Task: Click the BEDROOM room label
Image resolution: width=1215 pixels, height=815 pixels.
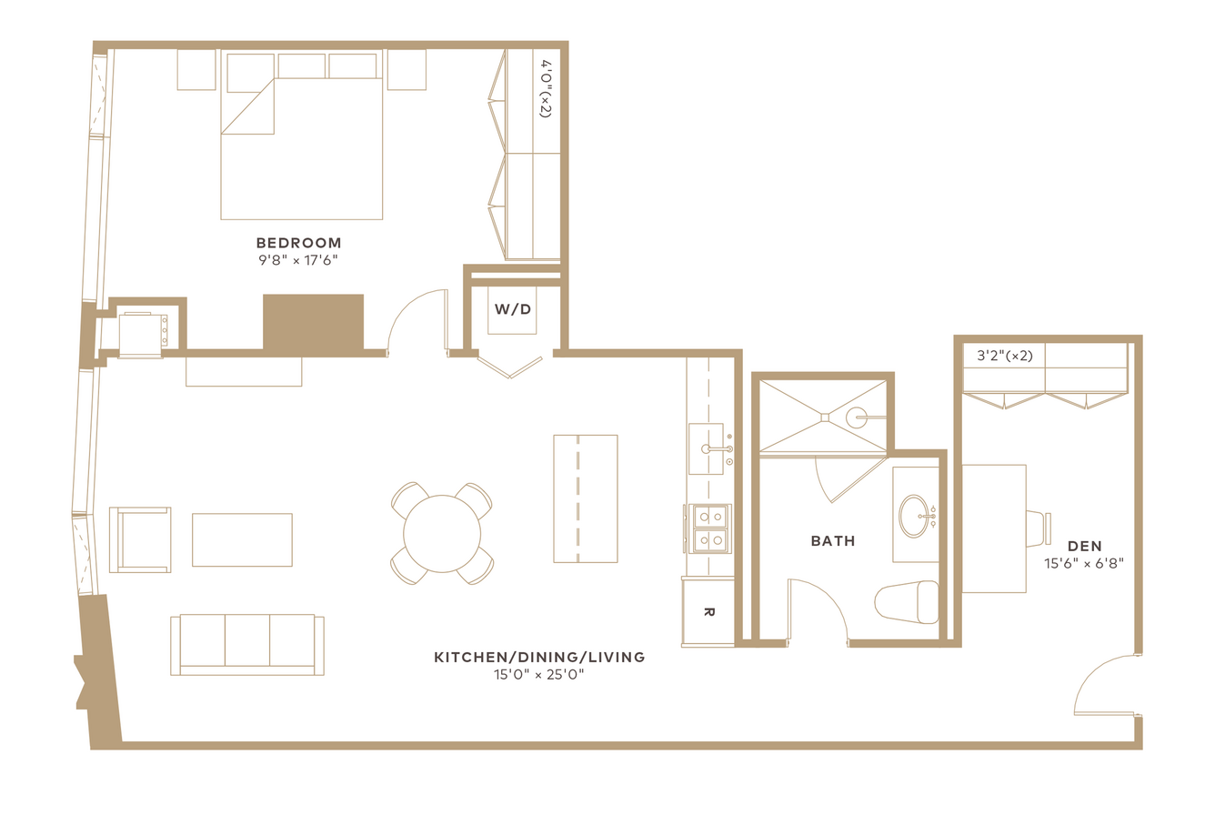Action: [x=299, y=243]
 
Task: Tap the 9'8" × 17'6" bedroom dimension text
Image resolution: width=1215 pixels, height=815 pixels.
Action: [x=297, y=260]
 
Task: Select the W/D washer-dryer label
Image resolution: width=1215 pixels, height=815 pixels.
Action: [x=513, y=309]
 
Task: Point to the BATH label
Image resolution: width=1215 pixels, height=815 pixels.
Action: [x=833, y=541]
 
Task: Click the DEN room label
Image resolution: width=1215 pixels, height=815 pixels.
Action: [x=1084, y=547]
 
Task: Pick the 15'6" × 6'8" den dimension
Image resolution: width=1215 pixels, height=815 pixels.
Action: [x=1084, y=564]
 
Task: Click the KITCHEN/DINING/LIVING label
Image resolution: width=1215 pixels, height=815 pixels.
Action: [x=539, y=657]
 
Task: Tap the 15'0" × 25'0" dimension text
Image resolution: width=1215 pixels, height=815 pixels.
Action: [x=538, y=674]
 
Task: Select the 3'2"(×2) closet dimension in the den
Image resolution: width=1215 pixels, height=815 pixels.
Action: [x=1005, y=356]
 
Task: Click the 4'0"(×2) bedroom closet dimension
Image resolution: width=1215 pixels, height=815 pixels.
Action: [x=546, y=88]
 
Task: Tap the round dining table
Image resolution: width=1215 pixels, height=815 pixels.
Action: [x=441, y=533]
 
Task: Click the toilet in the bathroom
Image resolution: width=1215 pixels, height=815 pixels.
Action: [x=907, y=602]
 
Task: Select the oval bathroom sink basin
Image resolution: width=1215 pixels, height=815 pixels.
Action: [x=914, y=516]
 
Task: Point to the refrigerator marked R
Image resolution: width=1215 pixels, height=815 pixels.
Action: [x=708, y=612]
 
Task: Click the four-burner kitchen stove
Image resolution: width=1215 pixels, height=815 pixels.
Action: [x=710, y=528]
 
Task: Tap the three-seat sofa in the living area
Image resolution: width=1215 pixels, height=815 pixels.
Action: [x=247, y=645]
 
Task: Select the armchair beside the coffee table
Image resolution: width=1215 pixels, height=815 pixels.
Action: [x=140, y=540]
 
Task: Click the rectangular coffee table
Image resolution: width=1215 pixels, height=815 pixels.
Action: [x=242, y=540]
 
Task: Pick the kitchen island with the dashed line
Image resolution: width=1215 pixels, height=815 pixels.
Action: [x=586, y=498]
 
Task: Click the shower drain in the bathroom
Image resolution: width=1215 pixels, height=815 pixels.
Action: [x=825, y=418]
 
